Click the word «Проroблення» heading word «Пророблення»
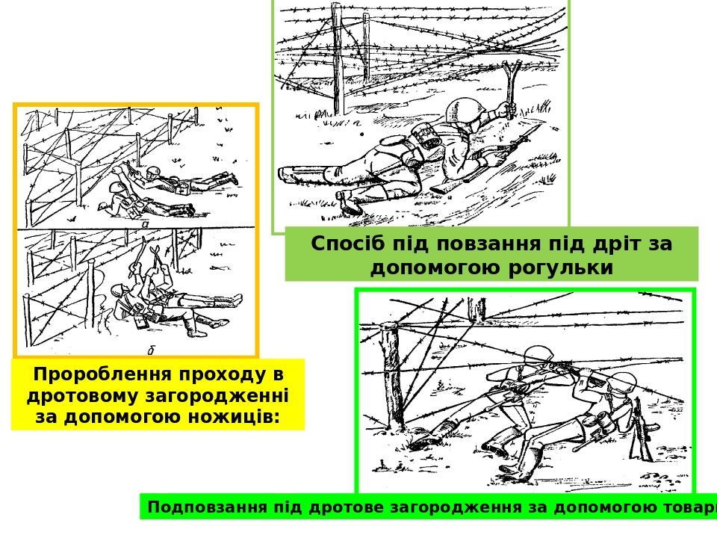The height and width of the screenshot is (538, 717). (x=105, y=375)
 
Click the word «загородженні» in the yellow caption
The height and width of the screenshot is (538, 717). (x=217, y=395)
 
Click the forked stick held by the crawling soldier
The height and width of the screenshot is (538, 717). (x=510, y=89)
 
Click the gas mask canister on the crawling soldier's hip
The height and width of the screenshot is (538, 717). (x=424, y=137)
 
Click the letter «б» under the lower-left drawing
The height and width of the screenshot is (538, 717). (x=150, y=351)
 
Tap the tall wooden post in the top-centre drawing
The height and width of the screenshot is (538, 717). (x=338, y=60)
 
